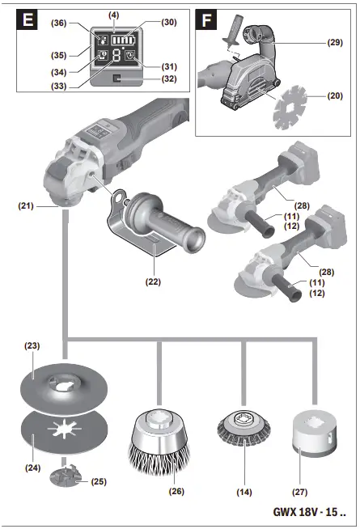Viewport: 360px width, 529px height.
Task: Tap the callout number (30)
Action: click(x=167, y=23)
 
